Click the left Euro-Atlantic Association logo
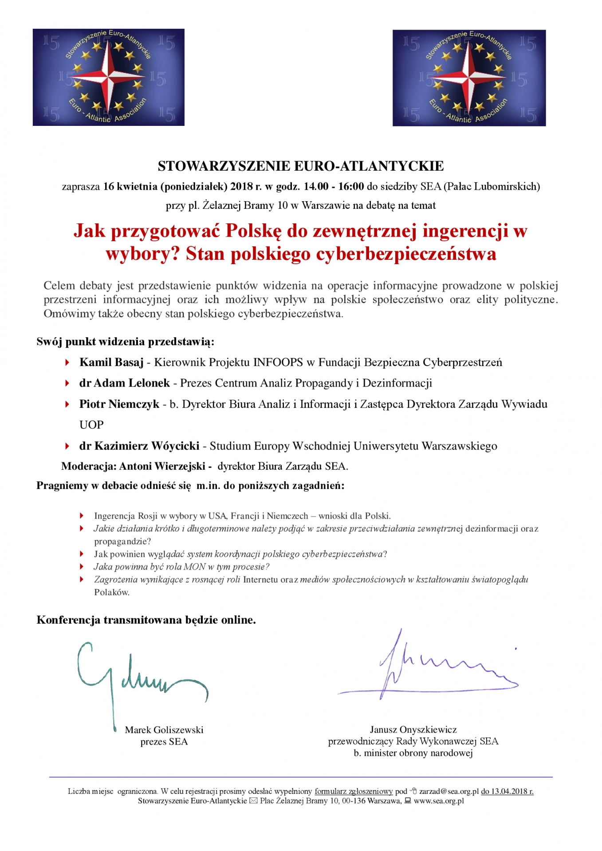point(108,77)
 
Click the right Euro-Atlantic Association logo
point(469,78)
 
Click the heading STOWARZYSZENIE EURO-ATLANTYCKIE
point(301,166)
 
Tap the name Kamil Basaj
point(111,363)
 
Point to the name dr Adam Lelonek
point(124,383)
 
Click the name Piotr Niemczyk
point(119,404)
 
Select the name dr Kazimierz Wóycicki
point(139,446)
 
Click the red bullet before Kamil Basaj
point(67,363)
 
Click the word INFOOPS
point(278,363)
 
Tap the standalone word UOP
point(91,425)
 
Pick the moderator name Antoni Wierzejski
point(162,466)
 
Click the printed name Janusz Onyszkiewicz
point(413,730)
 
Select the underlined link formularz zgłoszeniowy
point(354,791)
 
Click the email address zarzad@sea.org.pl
point(449,791)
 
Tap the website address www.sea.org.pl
point(439,801)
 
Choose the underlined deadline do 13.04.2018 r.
point(507,791)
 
